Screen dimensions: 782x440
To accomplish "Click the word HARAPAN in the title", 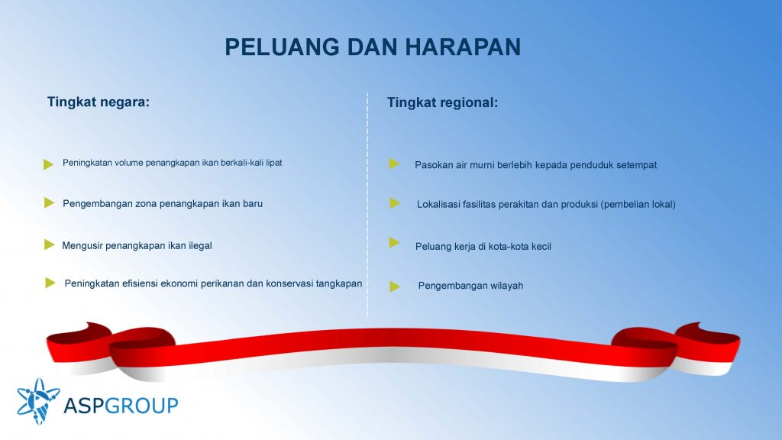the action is [463, 47].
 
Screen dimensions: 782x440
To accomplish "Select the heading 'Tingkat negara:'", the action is [99, 102].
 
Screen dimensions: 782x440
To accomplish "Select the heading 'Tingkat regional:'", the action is [442, 103].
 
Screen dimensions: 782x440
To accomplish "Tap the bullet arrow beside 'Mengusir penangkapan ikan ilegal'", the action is [49, 244].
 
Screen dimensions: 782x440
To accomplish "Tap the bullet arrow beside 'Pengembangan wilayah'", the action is [395, 286].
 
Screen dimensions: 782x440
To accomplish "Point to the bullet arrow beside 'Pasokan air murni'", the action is [394, 163].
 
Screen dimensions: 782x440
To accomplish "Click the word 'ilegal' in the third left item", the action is [200, 245].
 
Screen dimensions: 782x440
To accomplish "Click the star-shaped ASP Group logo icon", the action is [38, 401].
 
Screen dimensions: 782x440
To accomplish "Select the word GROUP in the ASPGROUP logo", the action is [141, 405].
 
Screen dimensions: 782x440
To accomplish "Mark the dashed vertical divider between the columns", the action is [367, 205].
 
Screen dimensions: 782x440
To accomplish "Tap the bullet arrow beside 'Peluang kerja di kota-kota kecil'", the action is [394, 242].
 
